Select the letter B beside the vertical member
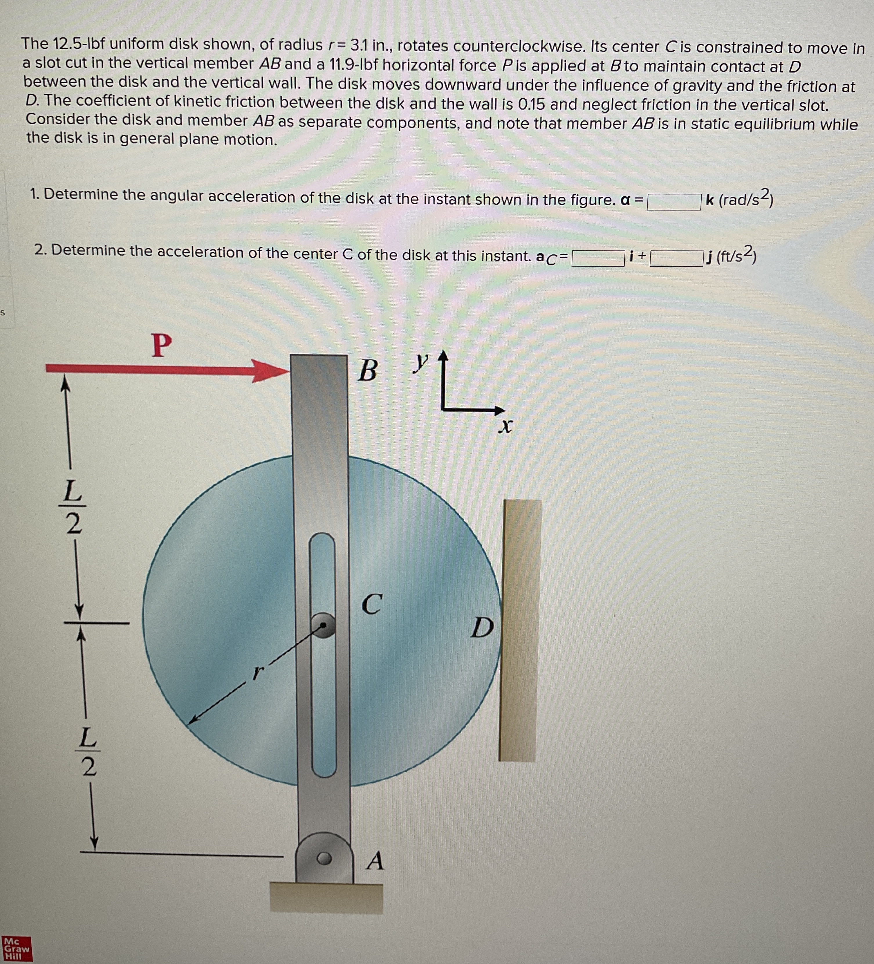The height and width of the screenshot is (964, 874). (x=367, y=370)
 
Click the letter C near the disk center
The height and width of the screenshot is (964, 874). (x=372, y=604)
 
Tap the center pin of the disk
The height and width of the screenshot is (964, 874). (x=323, y=625)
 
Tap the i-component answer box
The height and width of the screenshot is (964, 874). (x=598, y=258)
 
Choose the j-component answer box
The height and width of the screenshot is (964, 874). (x=676, y=259)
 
